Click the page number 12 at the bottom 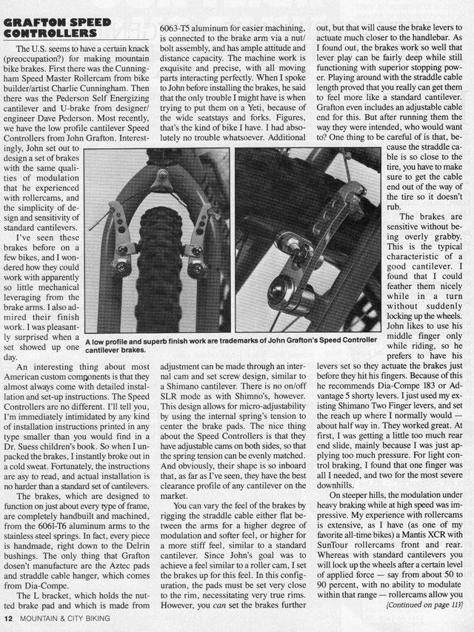point(9,617)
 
